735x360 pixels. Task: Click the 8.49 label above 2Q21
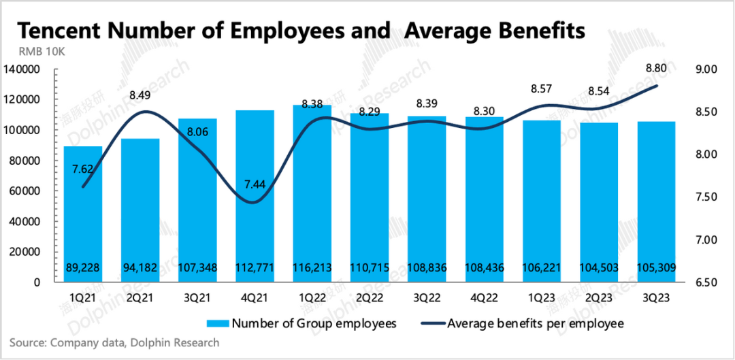pos(140,96)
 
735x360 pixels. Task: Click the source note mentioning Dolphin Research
pos(114,343)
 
